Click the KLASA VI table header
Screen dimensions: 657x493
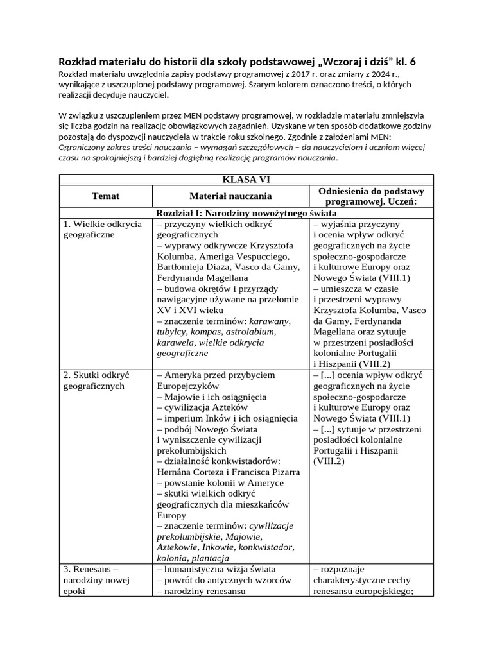click(x=246, y=180)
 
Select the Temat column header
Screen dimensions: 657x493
click(x=105, y=196)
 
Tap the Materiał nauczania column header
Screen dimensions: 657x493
click(x=230, y=196)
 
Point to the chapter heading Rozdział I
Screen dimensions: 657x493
click(x=246, y=212)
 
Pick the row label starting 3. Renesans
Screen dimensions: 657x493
click(x=97, y=580)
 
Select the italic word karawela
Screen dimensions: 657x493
click(x=175, y=343)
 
